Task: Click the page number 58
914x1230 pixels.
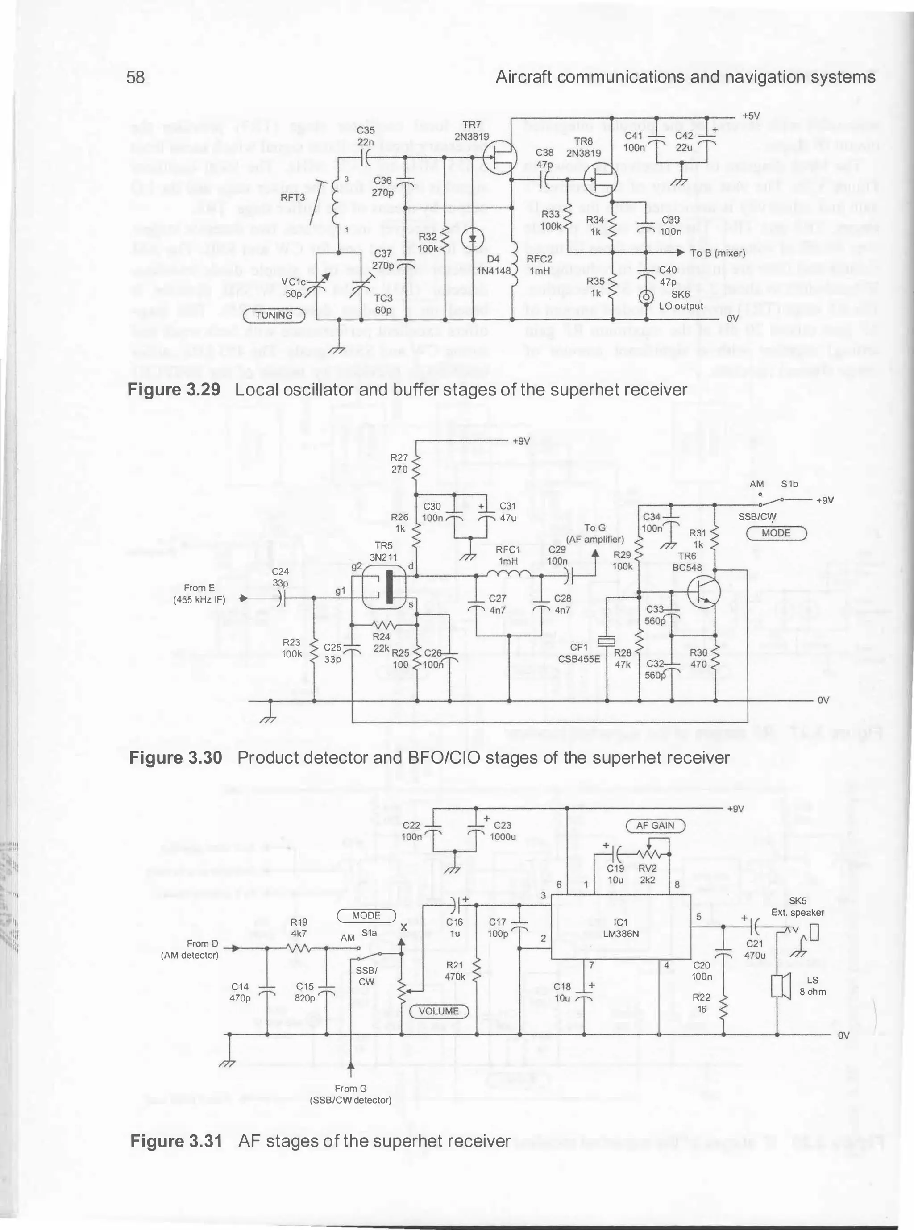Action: (136, 77)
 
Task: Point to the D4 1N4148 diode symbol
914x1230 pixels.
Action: (473, 238)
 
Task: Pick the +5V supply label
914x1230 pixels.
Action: (751, 116)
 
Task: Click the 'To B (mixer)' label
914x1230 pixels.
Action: (718, 253)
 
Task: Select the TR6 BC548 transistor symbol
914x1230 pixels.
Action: (704, 591)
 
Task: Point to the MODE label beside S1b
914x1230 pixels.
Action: (776, 533)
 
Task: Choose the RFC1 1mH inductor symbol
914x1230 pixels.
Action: (508, 575)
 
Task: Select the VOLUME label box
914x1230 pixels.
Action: (439, 1011)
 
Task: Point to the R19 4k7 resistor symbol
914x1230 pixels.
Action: (299, 948)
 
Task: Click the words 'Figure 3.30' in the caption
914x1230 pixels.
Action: (175, 757)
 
